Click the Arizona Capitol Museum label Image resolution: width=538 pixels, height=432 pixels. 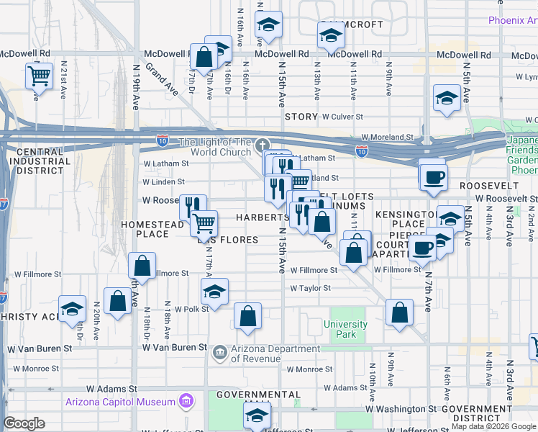120,402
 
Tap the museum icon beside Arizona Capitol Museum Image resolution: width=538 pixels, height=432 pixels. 186,401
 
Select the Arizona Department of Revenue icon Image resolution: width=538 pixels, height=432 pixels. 220,351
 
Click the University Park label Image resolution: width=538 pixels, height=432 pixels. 345,329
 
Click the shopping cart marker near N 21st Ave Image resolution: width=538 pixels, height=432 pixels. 39,75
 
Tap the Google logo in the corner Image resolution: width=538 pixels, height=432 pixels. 24,423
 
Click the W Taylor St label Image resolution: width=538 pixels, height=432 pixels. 310,288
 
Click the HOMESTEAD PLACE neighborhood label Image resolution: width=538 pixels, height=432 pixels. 153,229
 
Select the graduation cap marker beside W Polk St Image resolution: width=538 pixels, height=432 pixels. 214,292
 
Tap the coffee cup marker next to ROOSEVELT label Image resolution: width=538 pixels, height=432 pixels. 433,176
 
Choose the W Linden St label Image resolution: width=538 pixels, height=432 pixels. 163,182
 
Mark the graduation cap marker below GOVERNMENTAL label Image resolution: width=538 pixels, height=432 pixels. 256,415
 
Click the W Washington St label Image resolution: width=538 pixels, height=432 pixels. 400,408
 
